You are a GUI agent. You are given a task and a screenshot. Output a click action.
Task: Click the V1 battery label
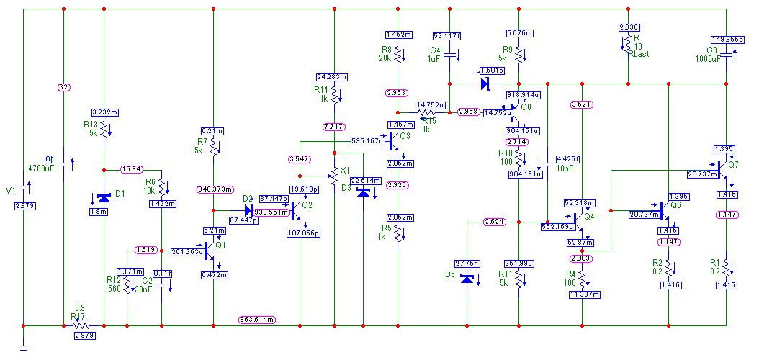point(10,191)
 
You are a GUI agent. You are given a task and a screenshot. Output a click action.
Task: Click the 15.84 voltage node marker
point(131,170)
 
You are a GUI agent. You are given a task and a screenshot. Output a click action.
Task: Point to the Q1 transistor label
point(220,245)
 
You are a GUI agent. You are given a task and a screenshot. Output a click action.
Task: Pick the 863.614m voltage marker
point(258,319)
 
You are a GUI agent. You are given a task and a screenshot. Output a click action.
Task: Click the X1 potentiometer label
point(344,170)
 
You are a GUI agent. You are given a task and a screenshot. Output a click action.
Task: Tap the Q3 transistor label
point(405,135)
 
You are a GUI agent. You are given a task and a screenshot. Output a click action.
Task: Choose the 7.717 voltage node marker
point(333,127)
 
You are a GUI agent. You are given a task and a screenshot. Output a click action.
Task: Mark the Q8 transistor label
point(526,107)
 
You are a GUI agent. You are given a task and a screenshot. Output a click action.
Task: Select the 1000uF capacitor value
point(709,59)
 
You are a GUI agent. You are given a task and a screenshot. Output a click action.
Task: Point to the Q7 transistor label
point(733,164)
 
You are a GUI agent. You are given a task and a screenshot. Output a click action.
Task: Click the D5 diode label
point(450,274)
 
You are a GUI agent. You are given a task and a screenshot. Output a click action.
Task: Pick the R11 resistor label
point(503,274)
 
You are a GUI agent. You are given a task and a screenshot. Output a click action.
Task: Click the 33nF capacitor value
point(145,289)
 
